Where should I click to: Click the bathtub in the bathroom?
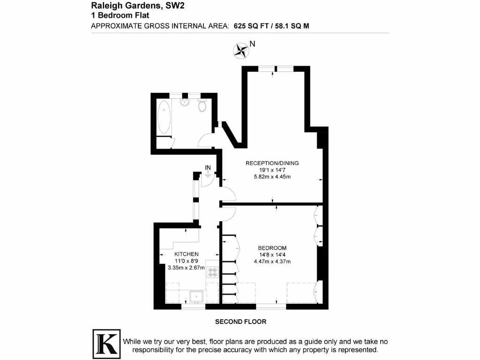(165, 117)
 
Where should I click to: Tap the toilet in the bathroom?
(202, 105)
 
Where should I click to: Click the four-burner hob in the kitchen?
(212, 273)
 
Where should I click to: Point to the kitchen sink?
(195, 296)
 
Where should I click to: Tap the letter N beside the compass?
(252, 44)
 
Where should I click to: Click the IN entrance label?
(208, 167)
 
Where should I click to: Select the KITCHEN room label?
(186, 254)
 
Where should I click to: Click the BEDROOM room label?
(272, 248)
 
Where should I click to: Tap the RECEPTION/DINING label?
(272, 163)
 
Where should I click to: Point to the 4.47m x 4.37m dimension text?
(272, 262)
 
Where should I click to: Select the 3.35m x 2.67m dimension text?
(187, 268)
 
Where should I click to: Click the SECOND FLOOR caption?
(240, 322)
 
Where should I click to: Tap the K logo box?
(105, 343)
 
